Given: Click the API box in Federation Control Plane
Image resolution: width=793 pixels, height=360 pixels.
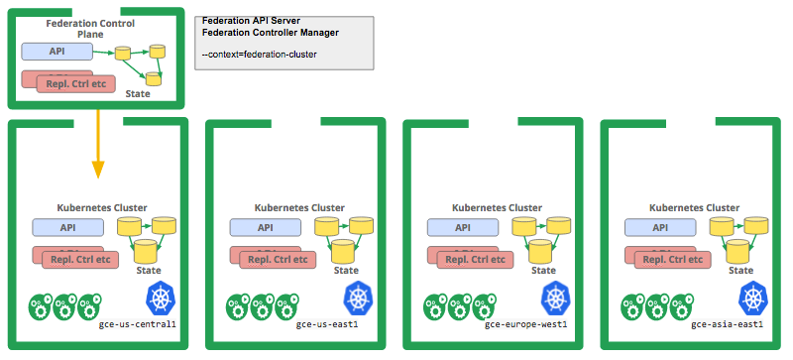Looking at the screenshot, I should pyautogui.click(x=57, y=51).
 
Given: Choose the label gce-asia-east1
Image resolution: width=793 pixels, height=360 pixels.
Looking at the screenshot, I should pyautogui.click(x=727, y=323).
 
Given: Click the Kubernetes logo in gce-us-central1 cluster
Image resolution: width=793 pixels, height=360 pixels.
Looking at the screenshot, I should pyautogui.click(x=162, y=297).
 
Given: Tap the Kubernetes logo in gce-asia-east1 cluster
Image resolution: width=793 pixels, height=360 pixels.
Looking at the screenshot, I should pyautogui.click(x=753, y=297).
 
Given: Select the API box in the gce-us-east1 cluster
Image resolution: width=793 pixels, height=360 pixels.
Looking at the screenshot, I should pyautogui.click(x=266, y=227).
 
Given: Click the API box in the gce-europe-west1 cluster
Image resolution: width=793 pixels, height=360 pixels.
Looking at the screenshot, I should pyautogui.click(x=463, y=227).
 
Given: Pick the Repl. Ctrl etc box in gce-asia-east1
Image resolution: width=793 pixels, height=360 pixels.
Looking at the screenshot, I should pyautogui.click(x=673, y=259).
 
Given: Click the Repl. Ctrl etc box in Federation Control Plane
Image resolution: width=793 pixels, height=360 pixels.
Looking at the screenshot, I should pyautogui.click(x=70, y=84).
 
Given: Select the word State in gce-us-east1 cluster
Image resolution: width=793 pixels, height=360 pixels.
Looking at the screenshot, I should pyautogui.click(x=346, y=269).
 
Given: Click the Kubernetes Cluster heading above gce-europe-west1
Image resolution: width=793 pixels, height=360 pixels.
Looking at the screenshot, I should pyautogui.click(x=497, y=207).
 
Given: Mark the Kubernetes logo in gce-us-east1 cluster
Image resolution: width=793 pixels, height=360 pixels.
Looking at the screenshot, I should pyautogui.click(x=359, y=297).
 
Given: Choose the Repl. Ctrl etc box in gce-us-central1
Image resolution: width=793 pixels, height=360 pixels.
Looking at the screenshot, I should pyautogui.click(x=79, y=259).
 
